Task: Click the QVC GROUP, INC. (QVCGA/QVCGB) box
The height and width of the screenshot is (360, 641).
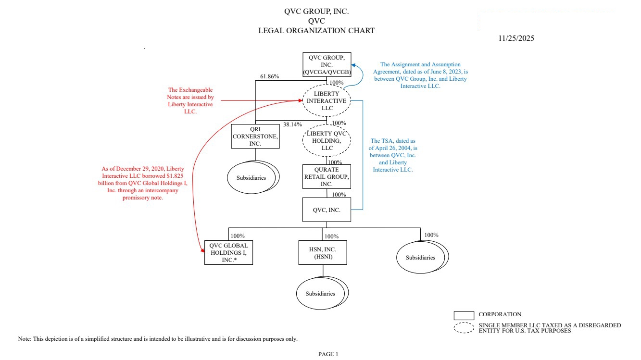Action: pyautogui.click(x=327, y=64)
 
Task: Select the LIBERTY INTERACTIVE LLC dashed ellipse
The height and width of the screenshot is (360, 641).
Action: pyautogui.click(x=327, y=101)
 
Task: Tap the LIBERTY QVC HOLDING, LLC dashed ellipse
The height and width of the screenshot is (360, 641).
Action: pyautogui.click(x=327, y=140)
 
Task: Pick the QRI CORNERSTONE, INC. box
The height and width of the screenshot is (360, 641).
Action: pyautogui.click(x=255, y=136)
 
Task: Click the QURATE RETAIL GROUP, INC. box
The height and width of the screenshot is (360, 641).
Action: pyautogui.click(x=327, y=177)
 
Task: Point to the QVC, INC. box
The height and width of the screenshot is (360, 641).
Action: pyautogui.click(x=327, y=210)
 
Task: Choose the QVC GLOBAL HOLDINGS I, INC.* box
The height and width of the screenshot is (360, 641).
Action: pyautogui.click(x=228, y=252)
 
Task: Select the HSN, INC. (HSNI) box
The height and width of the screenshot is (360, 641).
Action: pyautogui.click(x=322, y=252)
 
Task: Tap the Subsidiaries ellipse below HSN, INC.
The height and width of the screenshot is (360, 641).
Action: pyautogui.click(x=321, y=294)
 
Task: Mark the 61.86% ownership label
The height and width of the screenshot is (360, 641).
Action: pyautogui.click(x=270, y=76)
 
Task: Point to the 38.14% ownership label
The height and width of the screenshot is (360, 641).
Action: pyautogui.click(x=293, y=124)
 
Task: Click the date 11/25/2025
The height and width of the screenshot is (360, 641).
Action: pyautogui.click(x=516, y=38)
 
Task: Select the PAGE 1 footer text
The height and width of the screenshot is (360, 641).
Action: pyautogui.click(x=328, y=354)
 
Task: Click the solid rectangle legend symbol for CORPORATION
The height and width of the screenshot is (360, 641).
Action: pyautogui.click(x=464, y=315)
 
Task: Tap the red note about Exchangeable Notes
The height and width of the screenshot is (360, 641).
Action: pyautogui.click(x=190, y=100)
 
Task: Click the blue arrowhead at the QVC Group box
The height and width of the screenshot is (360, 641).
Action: pyautogui.click(x=353, y=66)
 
